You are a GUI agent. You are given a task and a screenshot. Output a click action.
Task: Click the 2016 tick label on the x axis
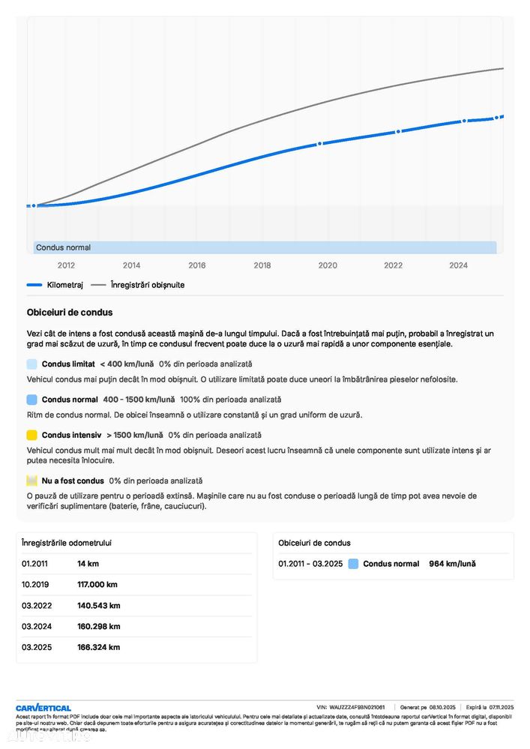point(197,265)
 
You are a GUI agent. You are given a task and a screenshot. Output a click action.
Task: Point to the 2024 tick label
point(458,265)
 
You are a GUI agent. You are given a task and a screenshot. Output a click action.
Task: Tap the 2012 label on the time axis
point(67,265)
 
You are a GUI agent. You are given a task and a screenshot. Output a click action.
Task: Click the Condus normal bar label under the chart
point(64,247)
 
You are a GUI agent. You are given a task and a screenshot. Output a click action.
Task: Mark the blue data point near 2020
point(319,143)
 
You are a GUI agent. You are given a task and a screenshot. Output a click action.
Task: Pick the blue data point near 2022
point(398,131)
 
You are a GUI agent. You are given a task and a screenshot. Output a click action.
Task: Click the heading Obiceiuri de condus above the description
point(70,313)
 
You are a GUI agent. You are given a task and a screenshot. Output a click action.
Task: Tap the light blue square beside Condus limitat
point(31,364)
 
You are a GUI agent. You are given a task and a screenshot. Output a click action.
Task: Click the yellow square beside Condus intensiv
point(31,435)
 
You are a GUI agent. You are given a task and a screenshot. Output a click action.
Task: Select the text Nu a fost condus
point(73,481)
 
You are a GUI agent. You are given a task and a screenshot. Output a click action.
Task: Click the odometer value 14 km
point(88,563)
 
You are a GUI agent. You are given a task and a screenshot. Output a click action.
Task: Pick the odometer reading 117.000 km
point(97,584)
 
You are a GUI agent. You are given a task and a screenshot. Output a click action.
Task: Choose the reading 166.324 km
point(98,647)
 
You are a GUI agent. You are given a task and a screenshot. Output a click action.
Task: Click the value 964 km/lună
point(452,564)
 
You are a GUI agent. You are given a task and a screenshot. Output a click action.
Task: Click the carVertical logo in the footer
point(43,708)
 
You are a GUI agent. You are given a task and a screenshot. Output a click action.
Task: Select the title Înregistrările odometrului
point(67,543)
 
